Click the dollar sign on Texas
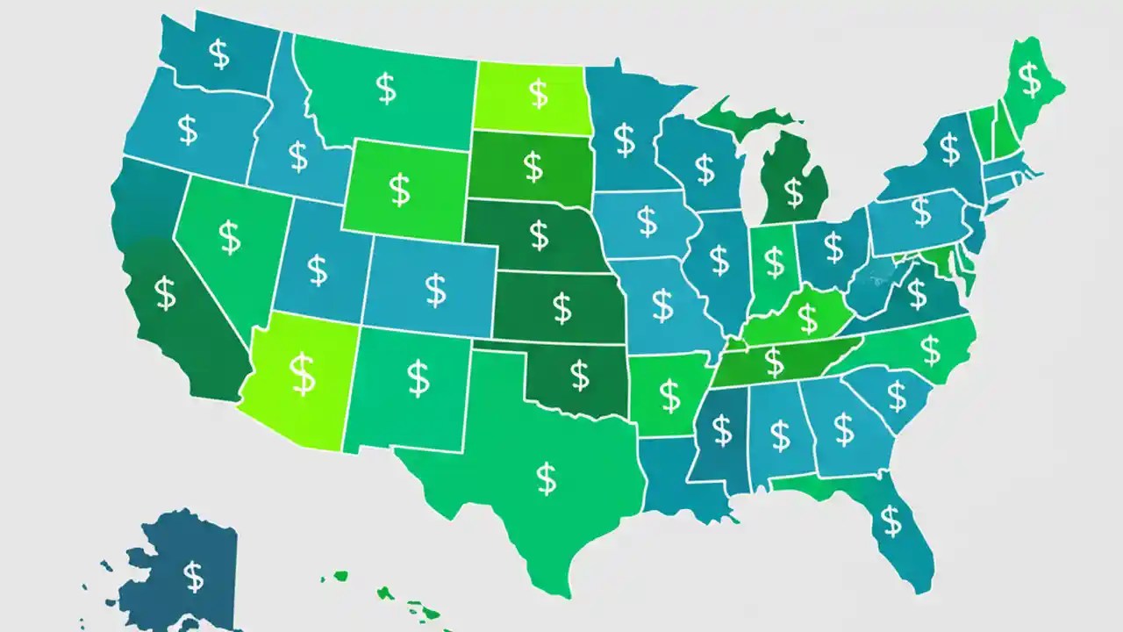click(546, 478)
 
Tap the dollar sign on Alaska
click(193, 576)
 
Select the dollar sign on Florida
click(891, 521)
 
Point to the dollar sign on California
click(165, 292)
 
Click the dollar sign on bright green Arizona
click(303, 374)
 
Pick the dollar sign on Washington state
click(219, 54)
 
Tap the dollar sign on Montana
click(385, 88)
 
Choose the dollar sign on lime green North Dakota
click(538, 91)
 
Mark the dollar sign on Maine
click(1030, 80)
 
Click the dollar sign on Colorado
click(435, 289)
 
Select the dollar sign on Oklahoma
click(579, 375)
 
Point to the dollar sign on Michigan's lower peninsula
click(793, 191)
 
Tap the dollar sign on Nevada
click(229, 237)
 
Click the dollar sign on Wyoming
click(399, 190)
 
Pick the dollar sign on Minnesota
click(624, 140)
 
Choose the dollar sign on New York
click(949, 149)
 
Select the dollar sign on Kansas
click(561, 307)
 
